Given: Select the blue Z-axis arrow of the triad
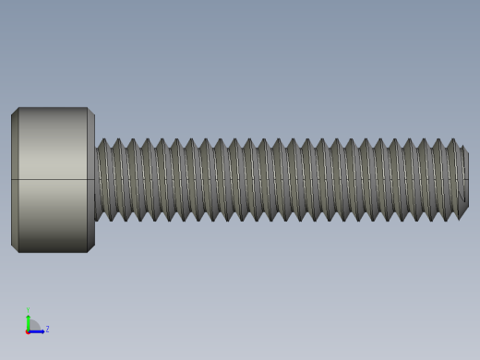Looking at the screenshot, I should click(38, 330).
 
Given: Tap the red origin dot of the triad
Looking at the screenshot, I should click(28, 330).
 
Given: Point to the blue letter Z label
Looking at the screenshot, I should click(47, 329).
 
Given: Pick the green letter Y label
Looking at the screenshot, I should click(28, 310).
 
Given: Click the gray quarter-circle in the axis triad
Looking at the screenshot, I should click(32, 326).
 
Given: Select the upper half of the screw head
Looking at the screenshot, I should click(53, 143).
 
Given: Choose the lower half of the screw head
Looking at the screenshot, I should click(53, 215).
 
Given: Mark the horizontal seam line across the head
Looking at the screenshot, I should click(53, 179).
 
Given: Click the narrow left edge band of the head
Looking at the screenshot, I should click(15, 180).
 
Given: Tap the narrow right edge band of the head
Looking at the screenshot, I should click(90, 180).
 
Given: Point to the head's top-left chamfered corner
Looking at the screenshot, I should click(15, 112).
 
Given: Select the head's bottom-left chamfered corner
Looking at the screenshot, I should click(15, 247).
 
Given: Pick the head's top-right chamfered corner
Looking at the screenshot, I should click(90, 112).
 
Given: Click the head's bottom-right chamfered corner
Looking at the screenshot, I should click(90, 247).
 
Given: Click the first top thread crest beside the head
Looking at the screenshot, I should click(103, 142).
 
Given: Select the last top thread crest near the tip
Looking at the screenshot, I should click(452, 142).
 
